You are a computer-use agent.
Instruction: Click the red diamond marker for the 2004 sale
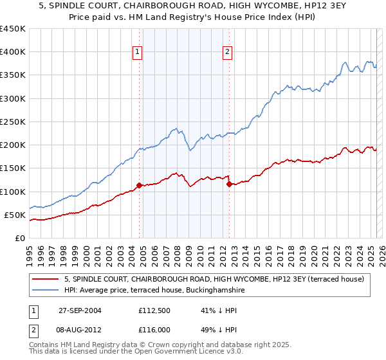(140, 186)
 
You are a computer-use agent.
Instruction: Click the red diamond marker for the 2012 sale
(229, 184)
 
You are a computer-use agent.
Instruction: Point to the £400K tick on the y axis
(13, 52)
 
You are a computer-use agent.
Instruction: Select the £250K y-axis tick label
(13, 122)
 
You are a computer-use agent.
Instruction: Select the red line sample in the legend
(46, 279)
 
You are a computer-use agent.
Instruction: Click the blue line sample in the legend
(46, 291)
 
